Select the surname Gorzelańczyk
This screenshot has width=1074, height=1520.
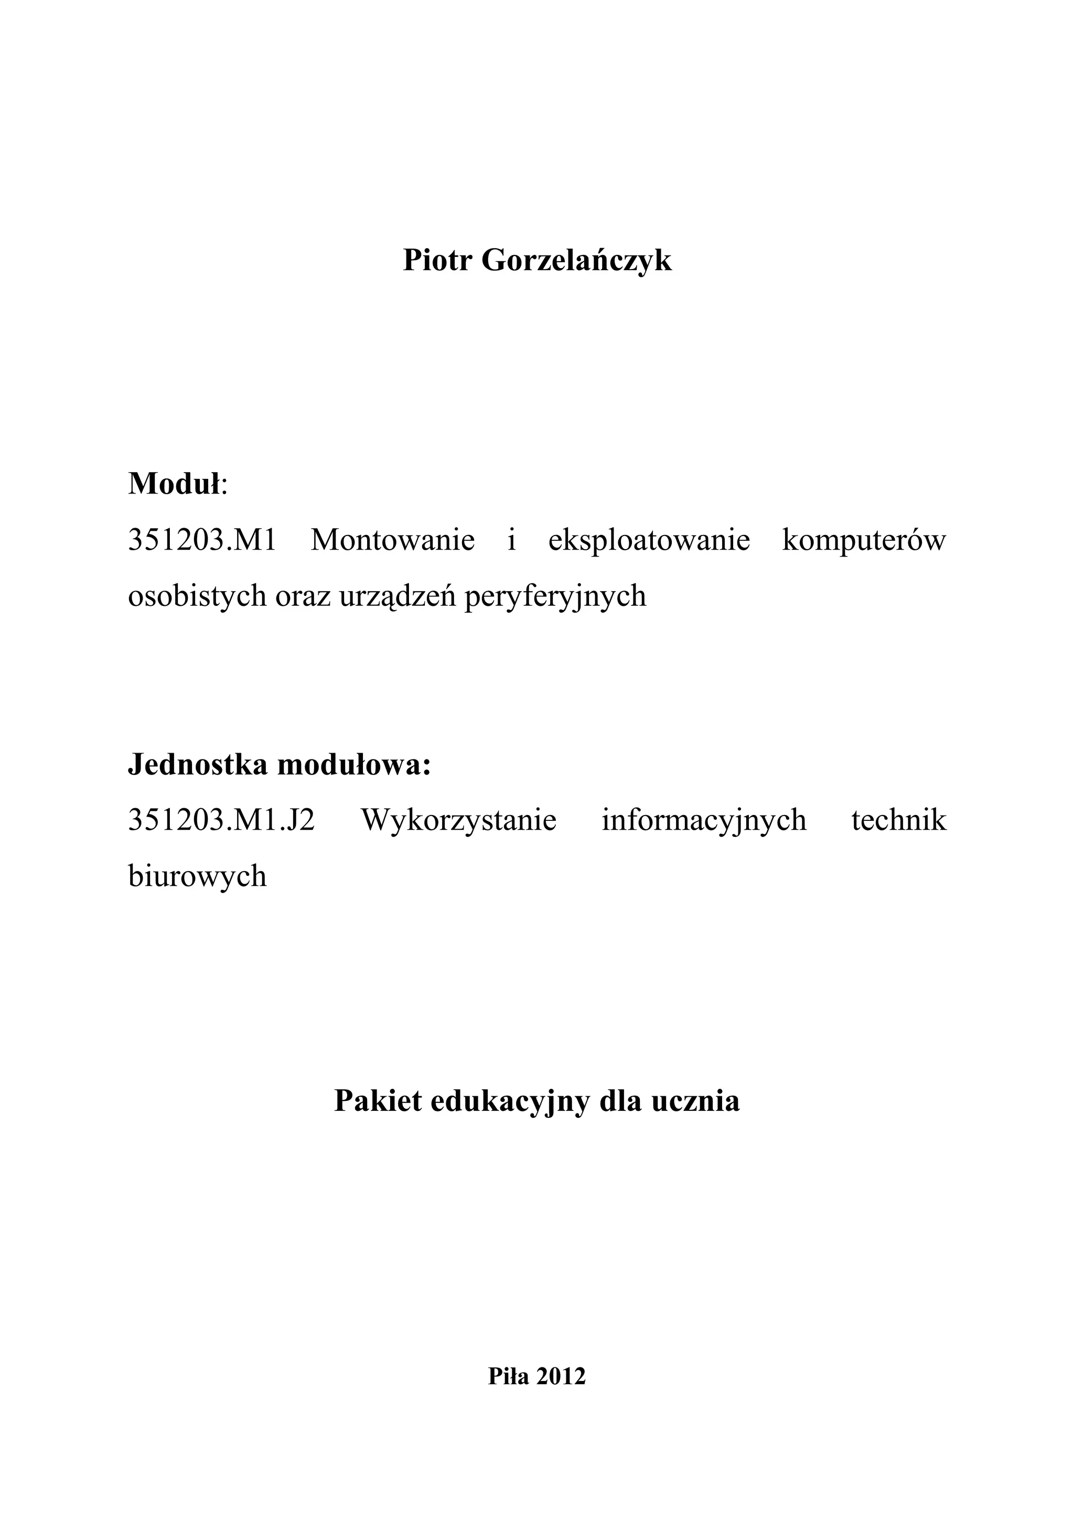tap(576, 261)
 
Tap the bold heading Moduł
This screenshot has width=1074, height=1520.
tap(174, 484)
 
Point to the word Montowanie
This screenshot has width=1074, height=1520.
tap(393, 540)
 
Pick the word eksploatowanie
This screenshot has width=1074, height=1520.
tap(649, 540)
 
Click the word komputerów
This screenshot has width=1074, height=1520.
tap(864, 540)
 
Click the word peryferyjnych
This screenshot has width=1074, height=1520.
tap(555, 596)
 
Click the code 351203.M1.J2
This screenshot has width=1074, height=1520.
tap(221, 821)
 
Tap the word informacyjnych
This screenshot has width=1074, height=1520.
tap(704, 821)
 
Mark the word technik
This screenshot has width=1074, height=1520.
tap(899, 821)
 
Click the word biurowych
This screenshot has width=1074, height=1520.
tap(197, 876)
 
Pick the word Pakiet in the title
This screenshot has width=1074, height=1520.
tap(378, 1101)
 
